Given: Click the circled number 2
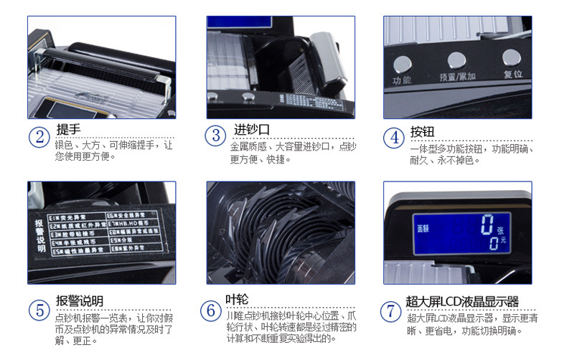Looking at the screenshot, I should tap(39, 137).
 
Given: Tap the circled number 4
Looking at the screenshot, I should tap(393, 137).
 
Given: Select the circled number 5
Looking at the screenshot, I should tap(39, 310).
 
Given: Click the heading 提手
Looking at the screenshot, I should tap(69, 130).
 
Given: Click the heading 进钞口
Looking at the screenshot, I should tap(251, 130).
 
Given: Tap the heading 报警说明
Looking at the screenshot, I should tap(79, 300).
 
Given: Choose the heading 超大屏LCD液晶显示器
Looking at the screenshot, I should tap(461, 301).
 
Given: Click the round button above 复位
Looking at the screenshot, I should tap(512, 57).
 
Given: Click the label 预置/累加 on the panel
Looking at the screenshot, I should tap(456, 75).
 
